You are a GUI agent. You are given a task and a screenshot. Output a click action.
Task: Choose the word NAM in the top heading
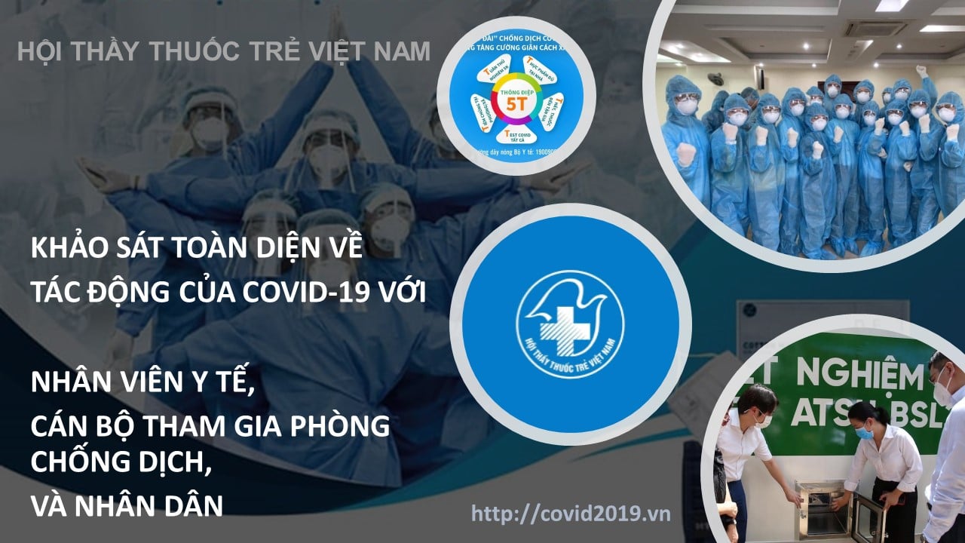pos(403,51)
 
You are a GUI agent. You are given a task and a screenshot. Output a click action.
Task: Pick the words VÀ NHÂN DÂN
pos(127,506)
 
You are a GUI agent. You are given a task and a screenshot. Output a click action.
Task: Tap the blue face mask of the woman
pos(864,432)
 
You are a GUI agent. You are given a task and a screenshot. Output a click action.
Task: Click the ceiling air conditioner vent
pos(875,28)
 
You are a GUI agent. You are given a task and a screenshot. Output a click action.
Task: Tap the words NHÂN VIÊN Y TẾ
pos(140,383)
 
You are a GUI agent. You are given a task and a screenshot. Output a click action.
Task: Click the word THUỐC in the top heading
pos(194,51)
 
